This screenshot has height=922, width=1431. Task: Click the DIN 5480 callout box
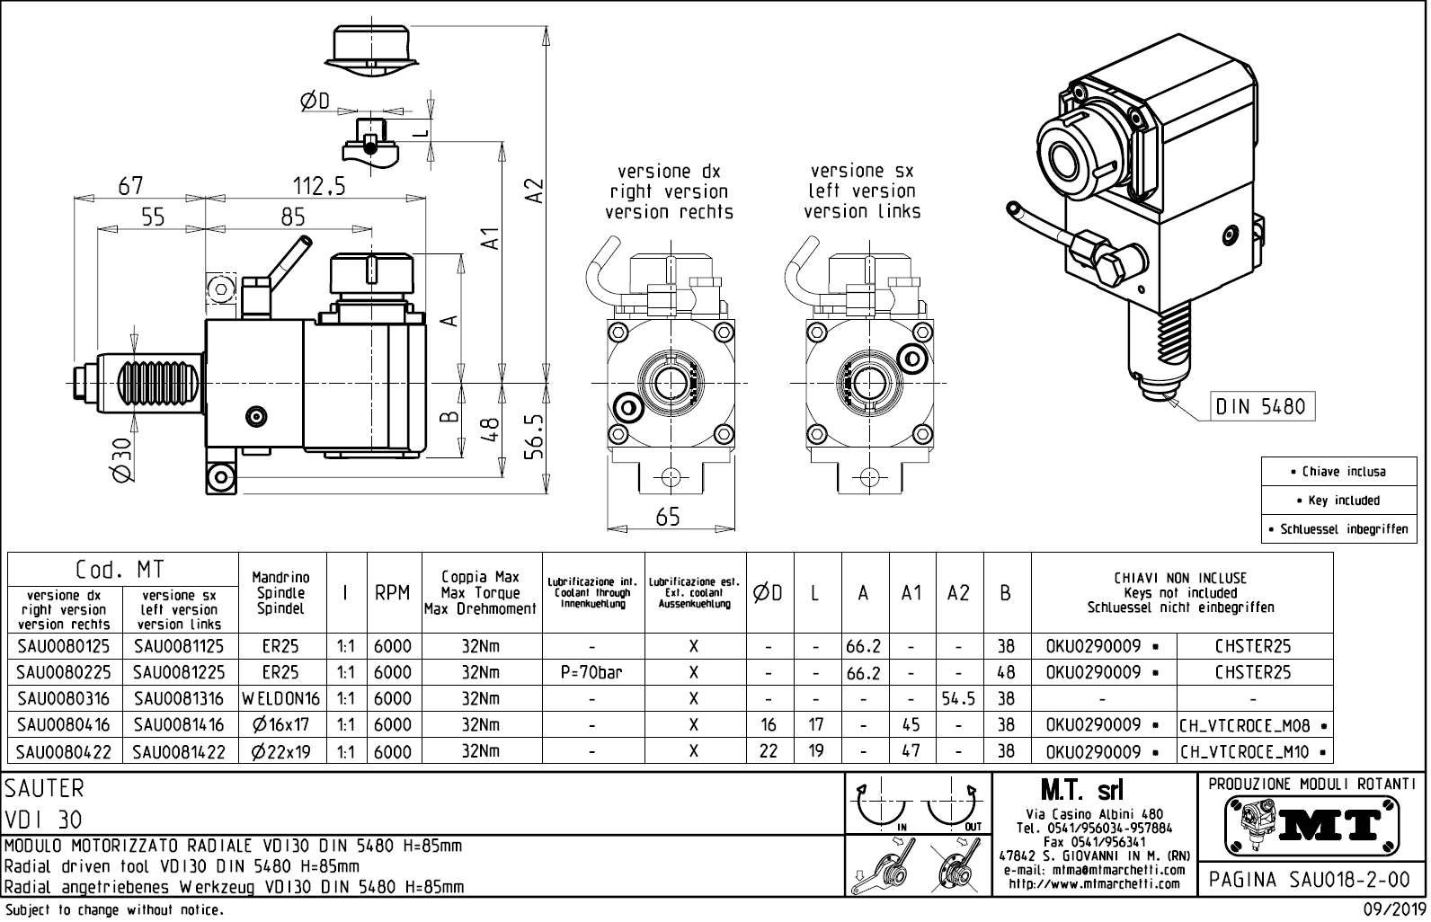click(1260, 406)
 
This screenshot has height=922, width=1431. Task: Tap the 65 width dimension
click(668, 517)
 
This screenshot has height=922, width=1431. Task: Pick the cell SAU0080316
click(63, 698)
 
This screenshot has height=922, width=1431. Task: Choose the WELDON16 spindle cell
click(281, 698)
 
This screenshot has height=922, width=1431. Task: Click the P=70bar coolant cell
click(592, 672)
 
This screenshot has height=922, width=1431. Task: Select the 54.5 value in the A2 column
click(959, 698)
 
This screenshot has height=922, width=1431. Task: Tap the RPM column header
click(393, 593)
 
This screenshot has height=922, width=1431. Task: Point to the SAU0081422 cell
click(180, 751)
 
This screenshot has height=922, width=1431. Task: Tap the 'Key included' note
click(1343, 501)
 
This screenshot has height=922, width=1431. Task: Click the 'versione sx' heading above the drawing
click(861, 171)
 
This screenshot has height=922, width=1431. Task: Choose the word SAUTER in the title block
click(45, 788)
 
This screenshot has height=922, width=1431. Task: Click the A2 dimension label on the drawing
click(535, 191)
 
